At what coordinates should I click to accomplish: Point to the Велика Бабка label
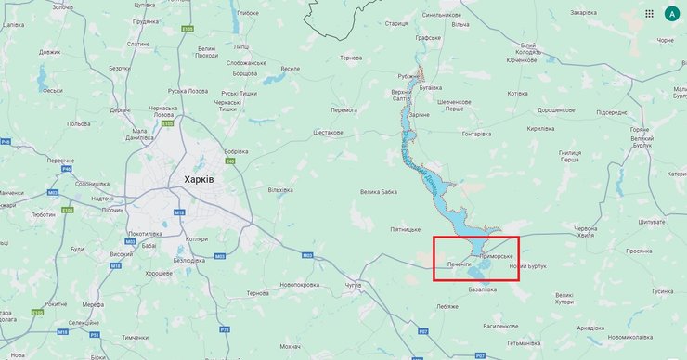pos(382,192)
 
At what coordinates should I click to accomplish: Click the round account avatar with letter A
pos(670,15)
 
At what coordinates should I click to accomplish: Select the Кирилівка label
pos(540,130)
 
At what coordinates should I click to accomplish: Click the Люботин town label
pos(18,213)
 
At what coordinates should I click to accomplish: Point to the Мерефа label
pos(67,304)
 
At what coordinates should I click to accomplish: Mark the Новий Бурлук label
pos(527,267)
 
